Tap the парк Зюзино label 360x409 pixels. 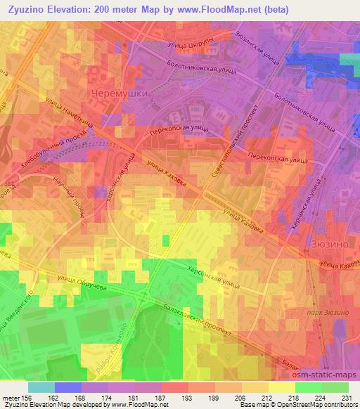tap(328, 311)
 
